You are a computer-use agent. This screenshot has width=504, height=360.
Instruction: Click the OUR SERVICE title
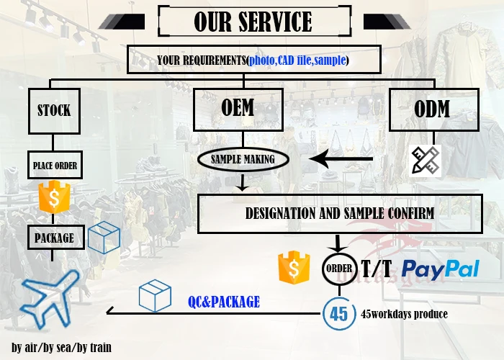pos(253,22)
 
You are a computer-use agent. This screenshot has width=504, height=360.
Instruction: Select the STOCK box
pos(55,110)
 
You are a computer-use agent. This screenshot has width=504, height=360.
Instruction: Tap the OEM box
pos(238,109)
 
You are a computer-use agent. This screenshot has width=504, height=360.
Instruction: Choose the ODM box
pos(433,109)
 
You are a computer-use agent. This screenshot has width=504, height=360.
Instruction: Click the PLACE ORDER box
pos(55,166)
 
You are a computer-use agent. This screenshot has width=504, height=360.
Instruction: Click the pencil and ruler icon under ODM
pos(425,161)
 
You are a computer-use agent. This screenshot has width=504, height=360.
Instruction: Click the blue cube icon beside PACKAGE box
pos(104,237)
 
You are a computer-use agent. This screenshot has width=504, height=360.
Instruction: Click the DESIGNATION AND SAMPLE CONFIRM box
pos(339,213)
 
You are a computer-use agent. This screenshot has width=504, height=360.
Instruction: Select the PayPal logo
pos(440,269)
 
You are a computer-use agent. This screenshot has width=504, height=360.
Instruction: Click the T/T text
pos(377,269)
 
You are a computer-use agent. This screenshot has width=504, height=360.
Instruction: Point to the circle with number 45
pos(338,314)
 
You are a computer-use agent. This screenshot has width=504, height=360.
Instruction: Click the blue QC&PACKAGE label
pos(223,302)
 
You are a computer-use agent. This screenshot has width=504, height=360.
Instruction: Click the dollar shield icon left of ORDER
pos(294,268)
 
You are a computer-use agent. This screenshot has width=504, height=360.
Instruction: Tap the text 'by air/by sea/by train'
pos(62,348)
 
